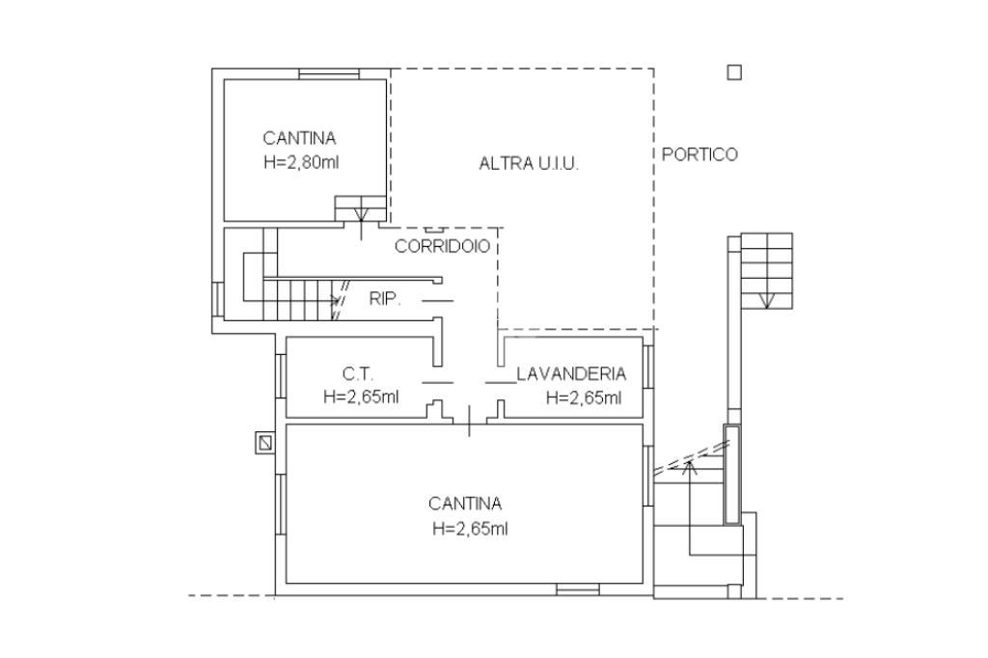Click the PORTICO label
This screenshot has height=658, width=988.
click(700, 154)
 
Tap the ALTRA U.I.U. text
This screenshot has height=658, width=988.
click(529, 164)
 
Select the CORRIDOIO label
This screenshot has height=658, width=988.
click(443, 246)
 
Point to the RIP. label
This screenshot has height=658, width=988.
click(384, 299)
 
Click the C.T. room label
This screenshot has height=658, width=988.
click(357, 374)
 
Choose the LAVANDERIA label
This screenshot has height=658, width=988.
click(571, 374)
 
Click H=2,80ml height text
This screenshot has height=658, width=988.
click(300, 163)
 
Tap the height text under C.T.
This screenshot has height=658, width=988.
click(361, 397)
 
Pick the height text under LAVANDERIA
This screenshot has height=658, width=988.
click(584, 397)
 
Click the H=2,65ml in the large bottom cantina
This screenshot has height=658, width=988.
click(470, 528)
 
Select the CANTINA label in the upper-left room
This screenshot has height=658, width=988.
click(299, 139)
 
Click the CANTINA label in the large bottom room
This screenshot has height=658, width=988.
click(465, 504)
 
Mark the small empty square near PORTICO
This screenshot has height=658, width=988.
click(734, 72)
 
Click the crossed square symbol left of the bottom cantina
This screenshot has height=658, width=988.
click(264, 442)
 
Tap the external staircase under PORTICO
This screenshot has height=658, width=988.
click(766, 270)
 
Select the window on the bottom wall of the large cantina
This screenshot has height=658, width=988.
click(577, 589)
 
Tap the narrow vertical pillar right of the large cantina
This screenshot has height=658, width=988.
click(732, 474)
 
